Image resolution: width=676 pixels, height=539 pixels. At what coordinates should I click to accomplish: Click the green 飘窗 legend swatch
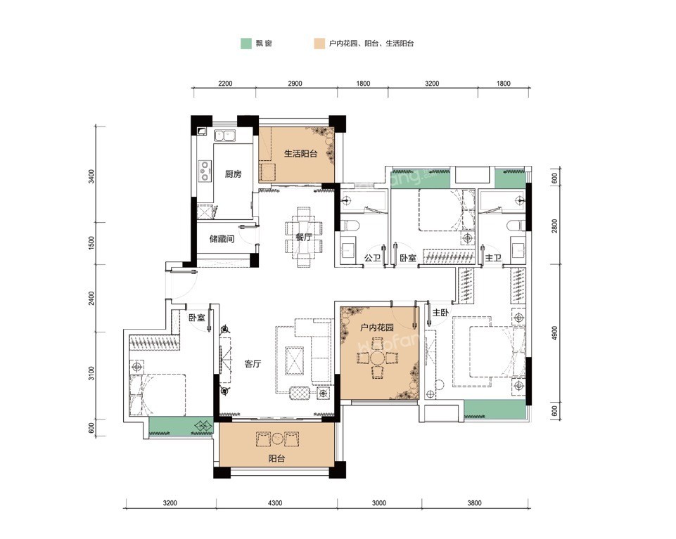245,43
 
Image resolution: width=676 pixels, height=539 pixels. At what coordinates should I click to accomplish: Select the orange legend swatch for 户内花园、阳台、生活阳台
319,43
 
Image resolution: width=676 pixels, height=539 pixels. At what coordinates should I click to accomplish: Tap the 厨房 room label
234,174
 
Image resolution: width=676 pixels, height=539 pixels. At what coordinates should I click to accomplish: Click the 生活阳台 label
300,153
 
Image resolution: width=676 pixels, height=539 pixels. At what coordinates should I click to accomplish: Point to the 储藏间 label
222,238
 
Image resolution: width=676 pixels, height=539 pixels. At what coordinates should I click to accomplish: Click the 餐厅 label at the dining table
304,237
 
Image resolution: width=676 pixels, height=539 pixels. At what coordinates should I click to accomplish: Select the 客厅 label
253,363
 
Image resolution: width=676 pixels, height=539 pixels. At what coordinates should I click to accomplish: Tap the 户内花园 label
377,327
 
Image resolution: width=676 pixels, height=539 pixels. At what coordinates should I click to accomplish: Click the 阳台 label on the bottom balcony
276,458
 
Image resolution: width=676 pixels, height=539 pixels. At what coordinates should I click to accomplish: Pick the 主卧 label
440,313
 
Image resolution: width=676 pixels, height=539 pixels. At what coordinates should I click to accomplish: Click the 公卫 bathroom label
373,258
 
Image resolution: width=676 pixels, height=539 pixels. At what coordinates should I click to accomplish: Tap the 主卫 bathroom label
493,258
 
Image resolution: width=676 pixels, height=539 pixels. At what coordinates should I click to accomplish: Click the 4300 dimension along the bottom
275,502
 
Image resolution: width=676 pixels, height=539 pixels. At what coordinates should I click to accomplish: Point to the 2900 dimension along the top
295,83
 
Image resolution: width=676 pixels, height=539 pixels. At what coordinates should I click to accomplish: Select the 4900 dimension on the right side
554,332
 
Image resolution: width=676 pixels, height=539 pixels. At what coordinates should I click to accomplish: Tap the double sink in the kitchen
224,136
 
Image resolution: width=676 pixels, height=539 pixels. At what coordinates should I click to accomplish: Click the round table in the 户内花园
378,358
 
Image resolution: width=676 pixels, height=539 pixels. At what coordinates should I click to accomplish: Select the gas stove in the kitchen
205,170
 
